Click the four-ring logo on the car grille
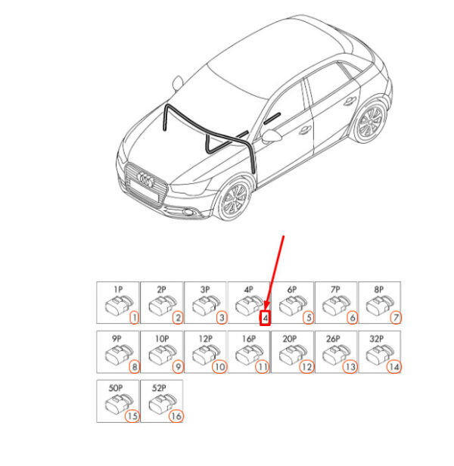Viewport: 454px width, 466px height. [146, 179]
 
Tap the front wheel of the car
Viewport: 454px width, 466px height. [235, 199]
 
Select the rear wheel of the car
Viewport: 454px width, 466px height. [370, 123]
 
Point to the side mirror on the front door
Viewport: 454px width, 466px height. [271, 136]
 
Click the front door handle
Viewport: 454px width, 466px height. [305, 129]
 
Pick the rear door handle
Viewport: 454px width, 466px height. [350, 101]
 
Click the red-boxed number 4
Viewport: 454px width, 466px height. [265, 318]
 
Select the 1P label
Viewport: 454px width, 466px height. [118, 290]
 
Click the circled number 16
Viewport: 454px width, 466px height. [176, 416]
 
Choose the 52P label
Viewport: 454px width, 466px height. [159, 388]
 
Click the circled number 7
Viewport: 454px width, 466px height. [396, 318]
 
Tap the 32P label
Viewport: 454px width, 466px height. [376, 339]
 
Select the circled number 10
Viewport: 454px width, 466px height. [219, 367]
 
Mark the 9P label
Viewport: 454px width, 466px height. [117, 339]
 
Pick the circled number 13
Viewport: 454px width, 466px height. [350, 367]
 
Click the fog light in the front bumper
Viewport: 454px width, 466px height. [188, 212]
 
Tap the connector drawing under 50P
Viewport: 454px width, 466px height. [119, 404]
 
